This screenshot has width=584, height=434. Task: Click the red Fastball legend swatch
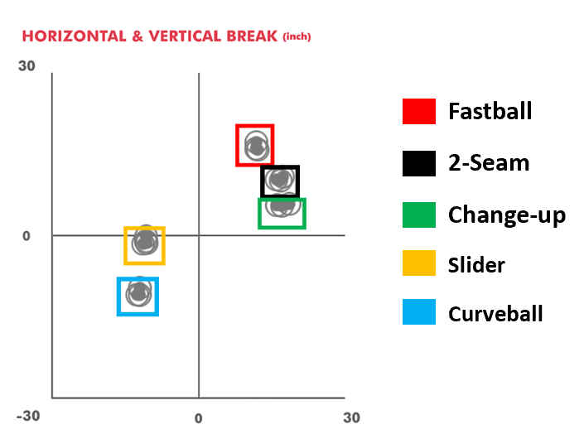click(x=418, y=111)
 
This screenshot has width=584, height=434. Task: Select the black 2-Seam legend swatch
click(x=418, y=162)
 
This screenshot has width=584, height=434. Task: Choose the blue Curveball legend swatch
click(x=418, y=313)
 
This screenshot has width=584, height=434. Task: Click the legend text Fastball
click(x=490, y=111)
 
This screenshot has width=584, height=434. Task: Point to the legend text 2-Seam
click(x=488, y=162)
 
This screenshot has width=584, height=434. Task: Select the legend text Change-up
click(x=506, y=215)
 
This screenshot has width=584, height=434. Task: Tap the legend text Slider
click(x=476, y=264)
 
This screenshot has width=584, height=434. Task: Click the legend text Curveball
click(x=495, y=314)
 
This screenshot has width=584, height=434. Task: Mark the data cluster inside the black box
click(x=280, y=180)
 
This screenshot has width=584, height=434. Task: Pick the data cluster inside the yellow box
click(x=145, y=242)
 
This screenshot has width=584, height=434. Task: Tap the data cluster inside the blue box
click(x=139, y=293)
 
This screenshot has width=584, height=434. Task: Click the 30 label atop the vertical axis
click(x=27, y=65)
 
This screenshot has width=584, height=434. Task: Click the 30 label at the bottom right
click(x=351, y=417)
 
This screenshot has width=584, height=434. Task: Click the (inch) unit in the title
click(x=297, y=37)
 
